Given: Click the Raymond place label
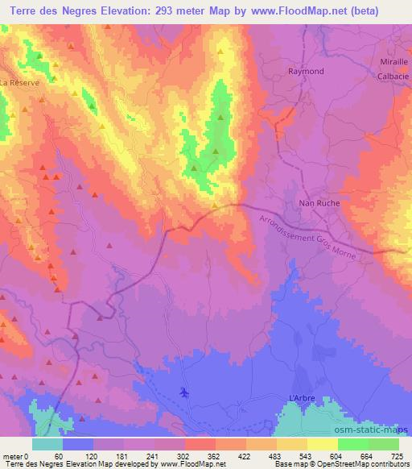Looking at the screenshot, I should (306, 71).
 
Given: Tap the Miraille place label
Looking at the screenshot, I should (393, 62).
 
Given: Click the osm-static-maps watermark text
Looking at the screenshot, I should (378, 425).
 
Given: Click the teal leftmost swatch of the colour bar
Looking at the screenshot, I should (47, 445).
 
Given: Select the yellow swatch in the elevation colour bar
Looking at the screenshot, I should (323, 445).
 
